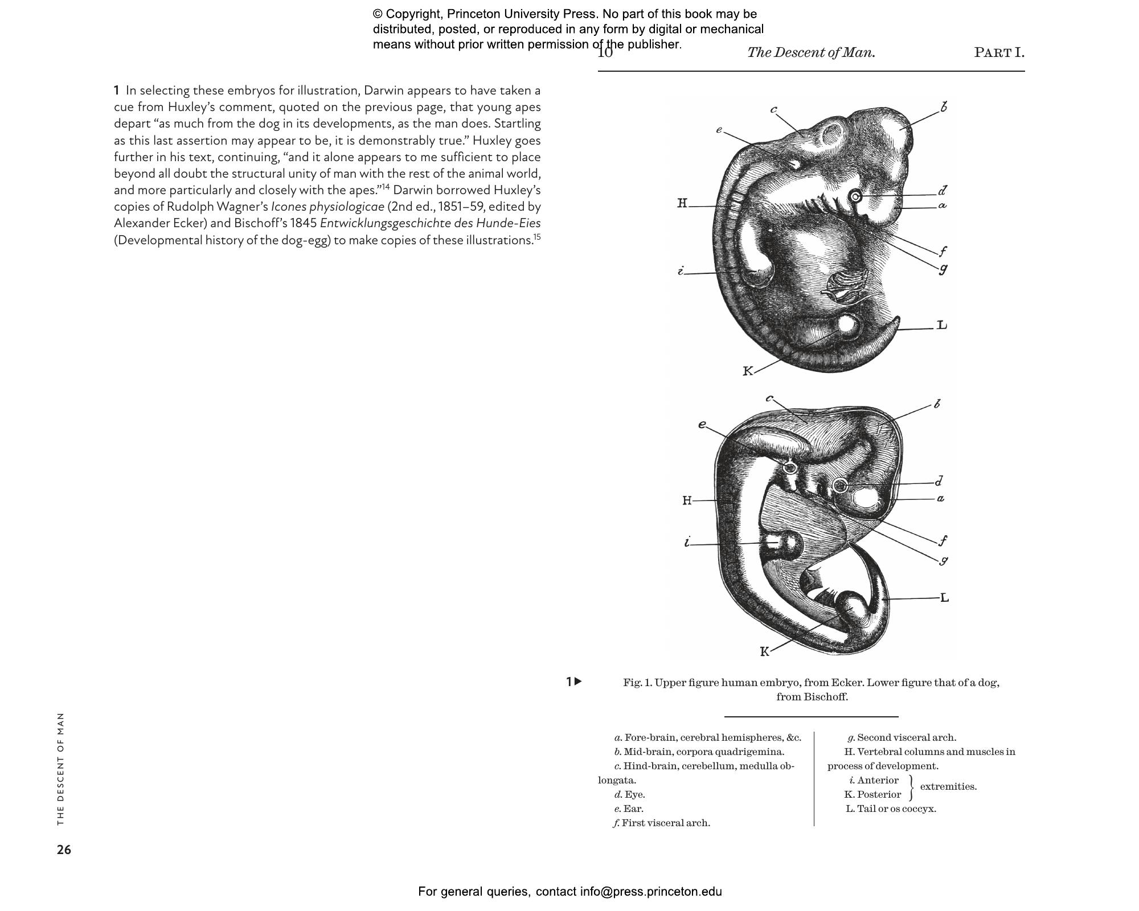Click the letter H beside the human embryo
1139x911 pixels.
pos(682,203)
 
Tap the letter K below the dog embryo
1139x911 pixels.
pos(765,651)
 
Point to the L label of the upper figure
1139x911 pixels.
pos(942,325)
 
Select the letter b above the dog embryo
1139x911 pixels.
pos(937,404)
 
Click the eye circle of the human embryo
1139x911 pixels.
pos(855,197)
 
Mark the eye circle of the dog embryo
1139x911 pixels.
pos(839,485)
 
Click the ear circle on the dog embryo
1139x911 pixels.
pos(790,468)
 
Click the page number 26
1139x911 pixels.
pos(64,850)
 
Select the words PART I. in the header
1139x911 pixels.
pos(999,53)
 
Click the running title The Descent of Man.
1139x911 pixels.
pos(811,53)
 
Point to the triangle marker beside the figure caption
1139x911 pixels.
pos(578,681)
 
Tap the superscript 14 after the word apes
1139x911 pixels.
pos(386,187)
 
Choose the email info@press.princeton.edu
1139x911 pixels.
pos(651,892)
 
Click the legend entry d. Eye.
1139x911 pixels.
pos(629,794)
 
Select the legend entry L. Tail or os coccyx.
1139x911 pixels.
pos(891,809)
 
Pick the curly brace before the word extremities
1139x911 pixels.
pos(911,787)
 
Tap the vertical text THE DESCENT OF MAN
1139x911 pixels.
pos(61,769)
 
